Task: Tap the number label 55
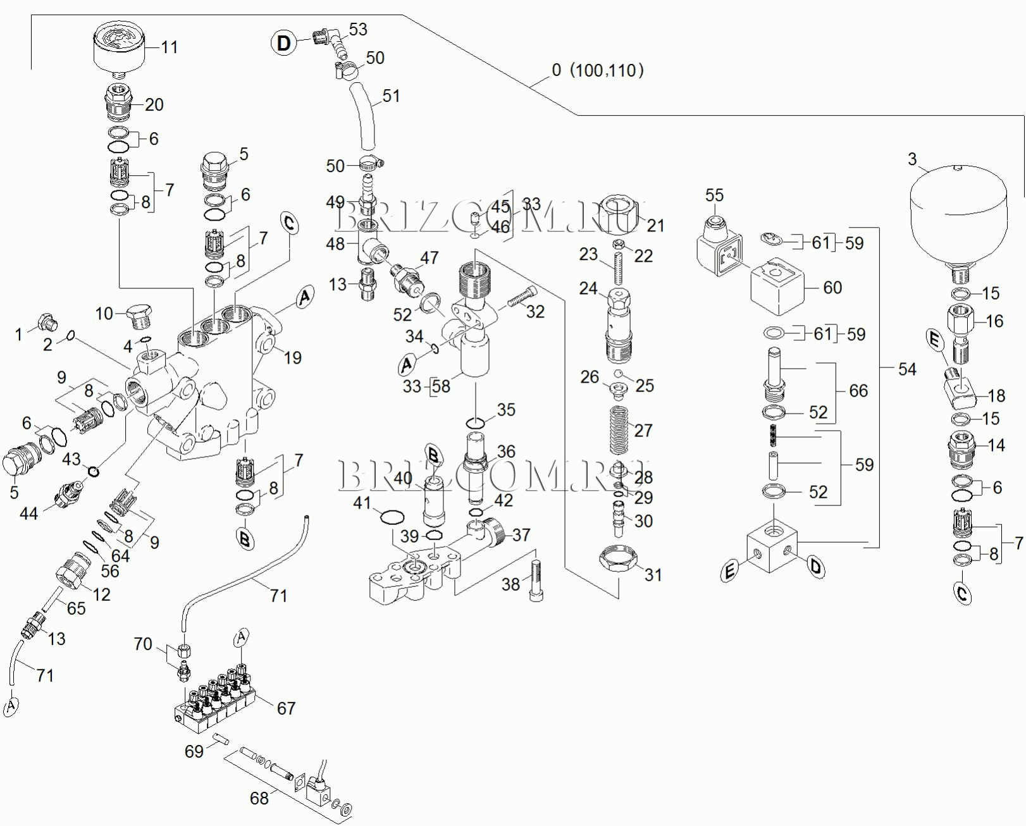(x=714, y=195)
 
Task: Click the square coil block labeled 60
(x=777, y=287)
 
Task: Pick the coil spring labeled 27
(x=619, y=430)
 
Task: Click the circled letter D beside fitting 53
(x=284, y=43)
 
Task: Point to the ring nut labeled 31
(x=618, y=558)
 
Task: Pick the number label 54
(x=907, y=369)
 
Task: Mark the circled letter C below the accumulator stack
(x=963, y=593)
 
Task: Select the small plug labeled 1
(x=46, y=323)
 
